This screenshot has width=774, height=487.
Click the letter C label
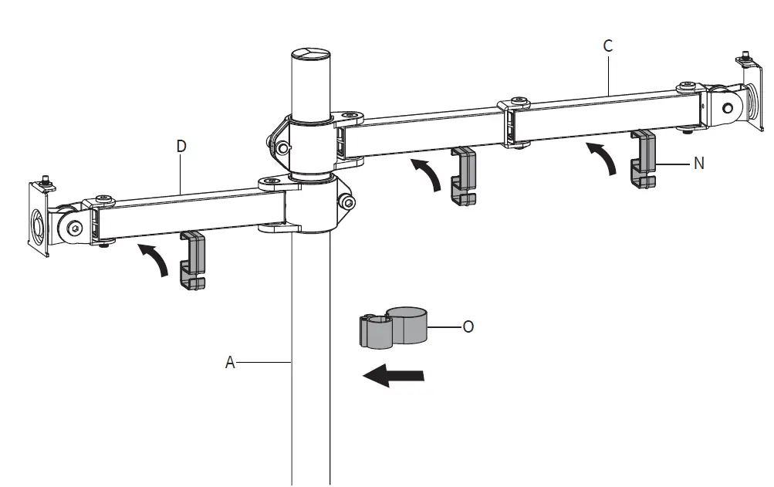(608, 46)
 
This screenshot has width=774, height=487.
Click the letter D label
(181, 146)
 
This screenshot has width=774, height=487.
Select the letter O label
(468, 326)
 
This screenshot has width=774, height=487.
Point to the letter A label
(229, 361)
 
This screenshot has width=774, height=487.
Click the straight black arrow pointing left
(394, 376)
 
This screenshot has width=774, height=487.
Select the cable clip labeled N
(643, 160)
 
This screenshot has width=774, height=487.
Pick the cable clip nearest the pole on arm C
(463, 176)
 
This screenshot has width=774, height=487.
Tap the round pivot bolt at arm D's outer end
(75, 228)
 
